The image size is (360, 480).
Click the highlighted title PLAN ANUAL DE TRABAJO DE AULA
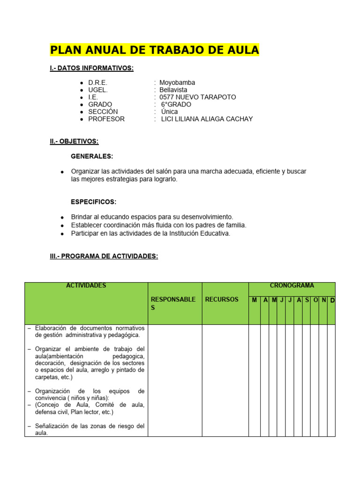[154, 50]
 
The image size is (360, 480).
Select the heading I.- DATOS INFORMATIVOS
[91, 68]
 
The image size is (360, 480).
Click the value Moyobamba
[177, 82]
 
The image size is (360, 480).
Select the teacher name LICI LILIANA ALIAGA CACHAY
[207, 119]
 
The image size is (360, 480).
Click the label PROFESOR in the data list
[106, 119]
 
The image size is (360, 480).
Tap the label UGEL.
[97, 90]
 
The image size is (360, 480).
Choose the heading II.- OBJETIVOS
[74, 141]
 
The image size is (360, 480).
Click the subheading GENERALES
[92, 156]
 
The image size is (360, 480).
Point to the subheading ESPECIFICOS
[93, 202]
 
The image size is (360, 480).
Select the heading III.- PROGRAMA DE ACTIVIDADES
[104, 256]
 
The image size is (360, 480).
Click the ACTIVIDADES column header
[86, 285]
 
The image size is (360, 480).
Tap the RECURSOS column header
[222, 300]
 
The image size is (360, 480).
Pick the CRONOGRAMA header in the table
[292, 285]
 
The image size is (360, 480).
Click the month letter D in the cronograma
[332, 300]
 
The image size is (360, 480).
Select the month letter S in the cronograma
[307, 300]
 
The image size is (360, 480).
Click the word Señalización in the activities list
[52, 426]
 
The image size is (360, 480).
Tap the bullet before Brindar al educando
[62, 217]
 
